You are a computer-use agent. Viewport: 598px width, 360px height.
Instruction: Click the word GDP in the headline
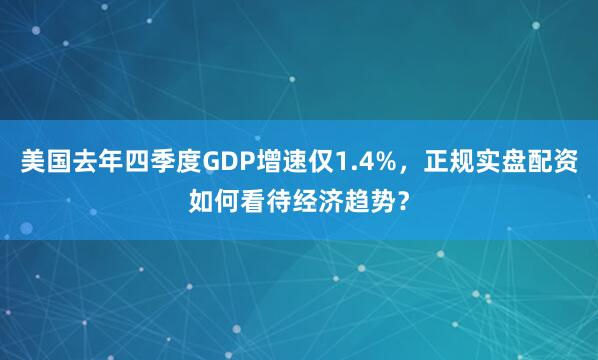[x=229, y=161]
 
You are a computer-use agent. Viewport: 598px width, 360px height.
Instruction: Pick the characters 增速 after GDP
[x=281, y=161]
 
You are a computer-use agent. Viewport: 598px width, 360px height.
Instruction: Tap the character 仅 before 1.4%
[x=320, y=161]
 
